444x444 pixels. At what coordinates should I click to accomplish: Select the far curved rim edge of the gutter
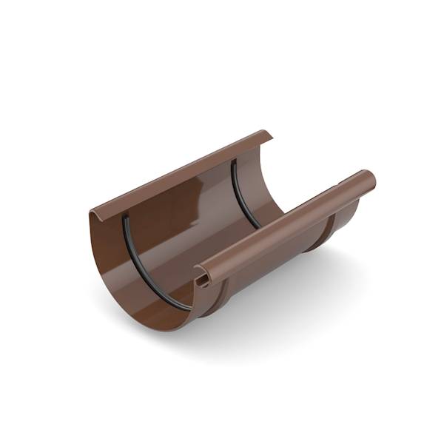265,178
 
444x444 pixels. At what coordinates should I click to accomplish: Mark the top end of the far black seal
234,161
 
